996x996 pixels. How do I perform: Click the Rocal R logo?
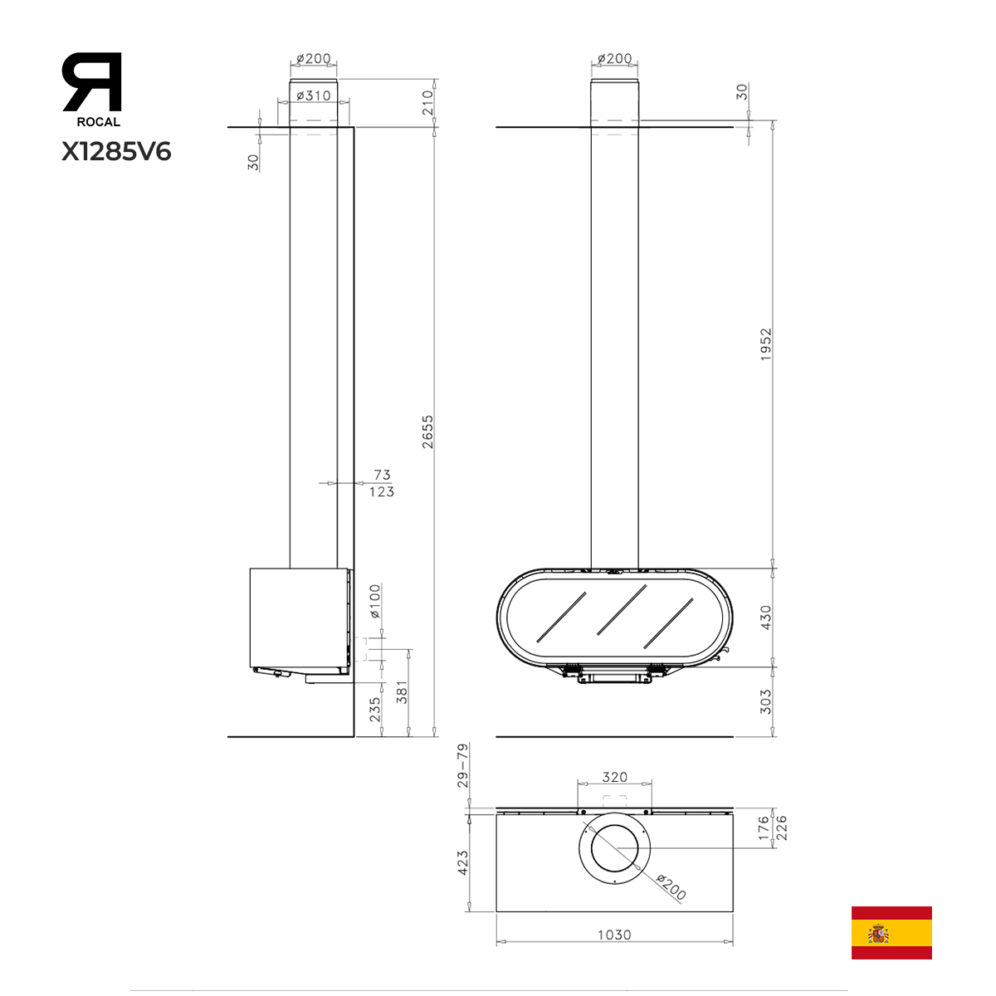(x=92, y=81)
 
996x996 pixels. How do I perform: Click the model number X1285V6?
(x=116, y=152)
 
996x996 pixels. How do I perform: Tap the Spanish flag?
(x=891, y=932)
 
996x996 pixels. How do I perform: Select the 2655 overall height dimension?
(x=427, y=432)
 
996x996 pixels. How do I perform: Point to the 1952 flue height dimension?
(x=765, y=344)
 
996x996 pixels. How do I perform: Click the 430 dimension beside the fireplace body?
(x=765, y=618)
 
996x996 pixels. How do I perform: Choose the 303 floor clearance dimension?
(x=765, y=701)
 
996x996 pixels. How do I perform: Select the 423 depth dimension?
(x=462, y=862)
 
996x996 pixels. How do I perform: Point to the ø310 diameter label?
(x=314, y=95)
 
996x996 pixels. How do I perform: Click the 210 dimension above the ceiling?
(x=427, y=102)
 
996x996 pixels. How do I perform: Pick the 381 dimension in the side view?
(x=402, y=692)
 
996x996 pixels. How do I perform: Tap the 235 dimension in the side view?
(x=374, y=710)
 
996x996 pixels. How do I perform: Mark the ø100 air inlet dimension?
(x=374, y=601)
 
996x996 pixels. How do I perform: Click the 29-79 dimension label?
(x=462, y=765)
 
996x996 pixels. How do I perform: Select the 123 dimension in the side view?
(x=382, y=491)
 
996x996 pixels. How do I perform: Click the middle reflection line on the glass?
(x=622, y=609)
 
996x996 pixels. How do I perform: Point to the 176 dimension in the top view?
(x=764, y=828)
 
